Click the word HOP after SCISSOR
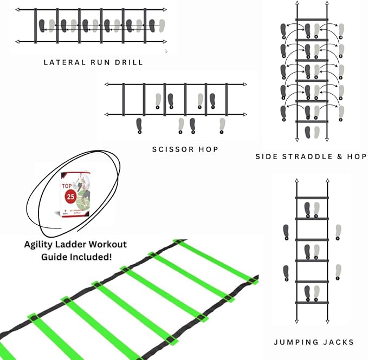208,149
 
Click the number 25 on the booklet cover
70,197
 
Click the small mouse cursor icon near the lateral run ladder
166,51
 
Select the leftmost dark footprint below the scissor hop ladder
139,125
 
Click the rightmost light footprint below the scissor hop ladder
222,125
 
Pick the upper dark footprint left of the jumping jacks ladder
286,232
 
